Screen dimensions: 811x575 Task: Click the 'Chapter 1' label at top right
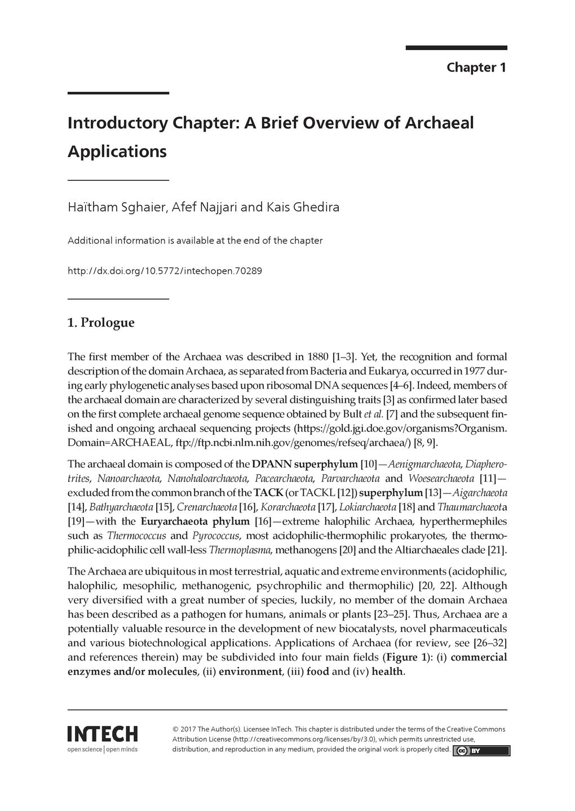point(476,68)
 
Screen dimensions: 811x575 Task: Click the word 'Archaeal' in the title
point(439,123)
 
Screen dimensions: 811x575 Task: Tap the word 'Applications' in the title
point(117,151)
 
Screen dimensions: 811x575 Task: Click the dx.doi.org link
point(165,271)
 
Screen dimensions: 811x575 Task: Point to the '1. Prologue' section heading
point(101,323)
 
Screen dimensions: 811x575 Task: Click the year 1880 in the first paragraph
point(318,357)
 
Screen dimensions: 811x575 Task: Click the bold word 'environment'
point(250,671)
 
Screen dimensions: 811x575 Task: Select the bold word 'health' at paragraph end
point(387,671)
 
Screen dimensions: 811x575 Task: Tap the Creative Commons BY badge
point(481,751)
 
